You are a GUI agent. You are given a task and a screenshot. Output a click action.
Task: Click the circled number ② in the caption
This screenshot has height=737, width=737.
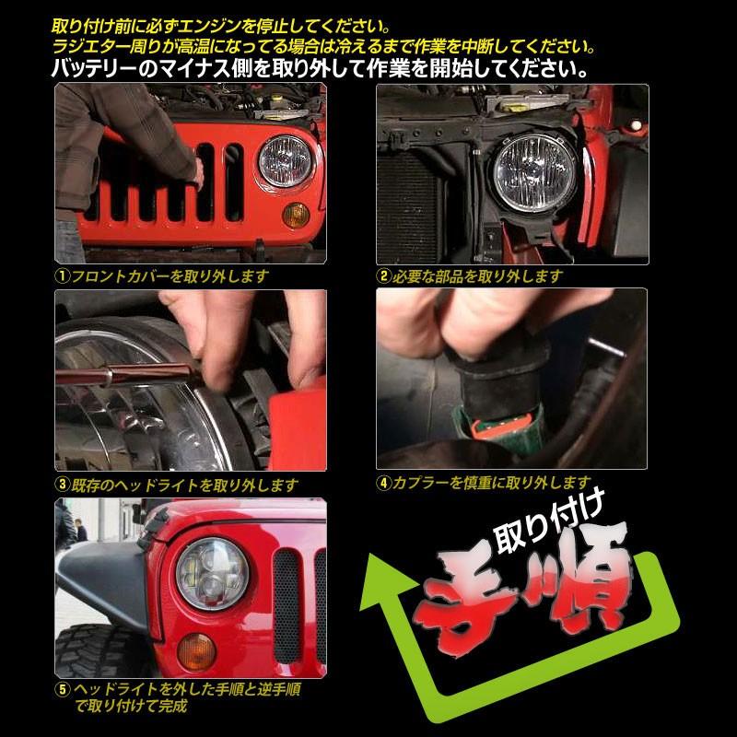384,275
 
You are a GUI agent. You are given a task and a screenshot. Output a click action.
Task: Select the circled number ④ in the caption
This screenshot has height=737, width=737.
384,482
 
